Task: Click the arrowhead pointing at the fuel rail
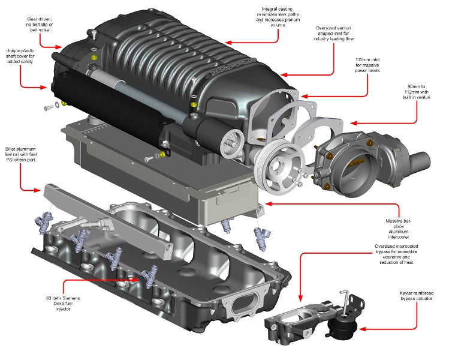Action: point(41,191)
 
